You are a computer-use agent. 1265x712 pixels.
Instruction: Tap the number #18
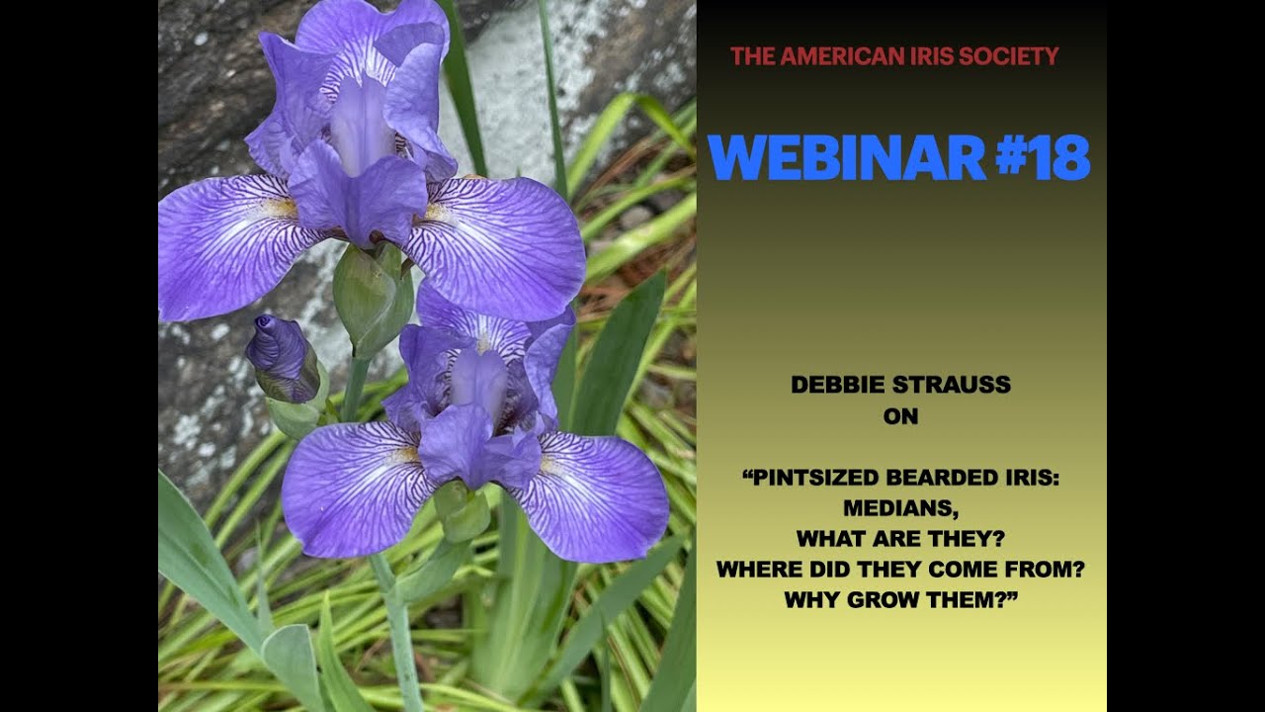tap(1043, 157)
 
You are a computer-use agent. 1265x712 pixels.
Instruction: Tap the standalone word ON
tap(900, 416)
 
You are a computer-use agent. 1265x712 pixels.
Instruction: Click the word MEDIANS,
tap(900, 509)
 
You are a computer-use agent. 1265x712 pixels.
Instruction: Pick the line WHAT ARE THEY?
tap(900, 539)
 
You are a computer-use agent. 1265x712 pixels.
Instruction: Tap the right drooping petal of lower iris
tap(598, 494)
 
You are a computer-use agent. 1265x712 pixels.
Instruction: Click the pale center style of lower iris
tap(479, 381)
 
